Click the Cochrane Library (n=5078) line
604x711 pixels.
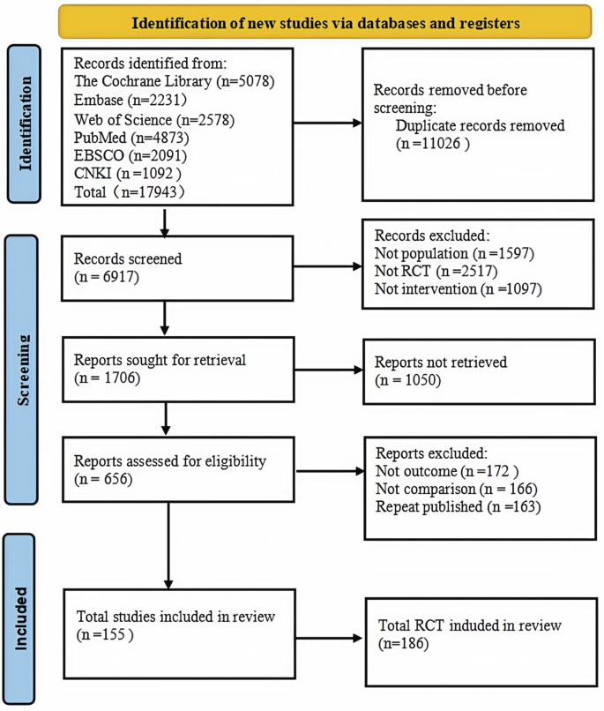click(175, 82)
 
